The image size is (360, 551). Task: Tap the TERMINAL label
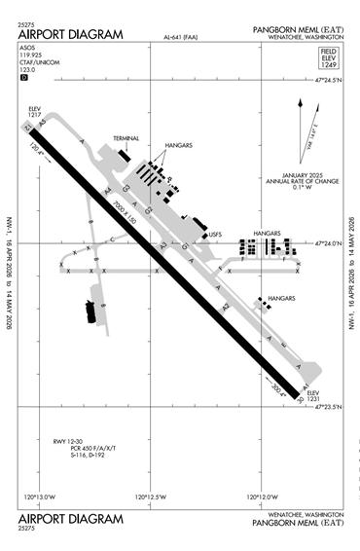(x=127, y=139)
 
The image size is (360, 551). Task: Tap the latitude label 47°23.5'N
(x=331, y=407)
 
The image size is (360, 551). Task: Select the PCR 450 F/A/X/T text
(x=93, y=448)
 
